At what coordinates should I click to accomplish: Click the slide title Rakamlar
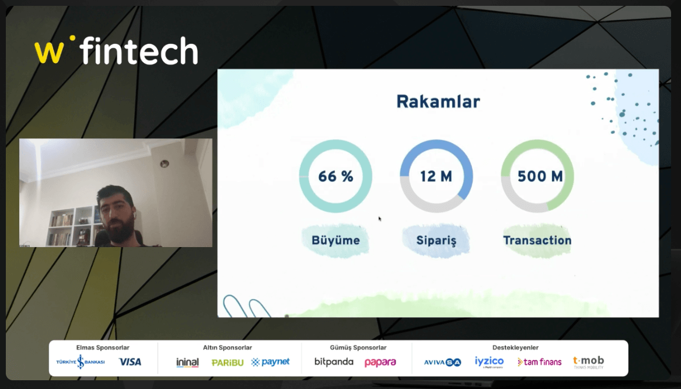(438, 101)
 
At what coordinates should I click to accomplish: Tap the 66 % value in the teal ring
(336, 176)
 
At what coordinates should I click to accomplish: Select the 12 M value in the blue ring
(436, 176)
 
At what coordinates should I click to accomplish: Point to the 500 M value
(540, 176)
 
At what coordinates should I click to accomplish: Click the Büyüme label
(336, 241)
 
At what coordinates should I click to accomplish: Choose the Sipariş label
(436, 241)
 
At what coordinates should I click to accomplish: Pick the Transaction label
(537, 240)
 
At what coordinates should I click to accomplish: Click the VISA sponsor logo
(130, 362)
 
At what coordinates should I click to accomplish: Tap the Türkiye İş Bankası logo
(81, 362)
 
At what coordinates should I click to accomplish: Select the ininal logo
(187, 362)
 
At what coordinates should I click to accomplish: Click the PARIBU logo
(228, 362)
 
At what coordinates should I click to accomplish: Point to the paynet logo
(270, 362)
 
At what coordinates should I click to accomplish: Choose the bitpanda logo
(334, 362)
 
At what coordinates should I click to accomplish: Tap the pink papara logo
(380, 362)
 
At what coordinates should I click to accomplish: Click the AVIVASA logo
(442, 362)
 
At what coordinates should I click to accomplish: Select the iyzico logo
(489, 362)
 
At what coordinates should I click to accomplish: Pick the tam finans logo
(539, 362)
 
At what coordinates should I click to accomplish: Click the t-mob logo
(588, 362)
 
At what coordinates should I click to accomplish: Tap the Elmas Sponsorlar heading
(103, 348)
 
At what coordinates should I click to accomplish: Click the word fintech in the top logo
(139, 51)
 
